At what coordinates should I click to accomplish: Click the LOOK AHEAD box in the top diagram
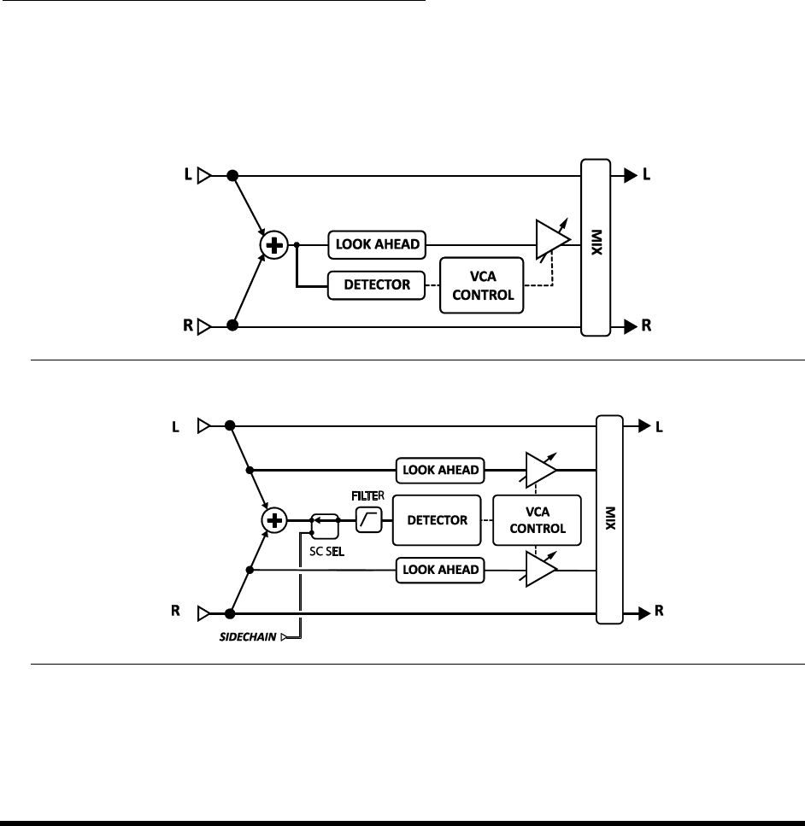pos(376,244)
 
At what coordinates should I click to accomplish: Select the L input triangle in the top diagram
pos(203,176)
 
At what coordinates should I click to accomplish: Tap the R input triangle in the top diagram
pos(203,326)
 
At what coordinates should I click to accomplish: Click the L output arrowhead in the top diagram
pos(630,176)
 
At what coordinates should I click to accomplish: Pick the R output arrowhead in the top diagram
pos(630,326)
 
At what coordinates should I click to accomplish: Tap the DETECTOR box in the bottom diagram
pos(437,519)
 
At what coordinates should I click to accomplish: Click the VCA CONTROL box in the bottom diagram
pos(537,519)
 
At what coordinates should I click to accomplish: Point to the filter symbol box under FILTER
pos(368,519)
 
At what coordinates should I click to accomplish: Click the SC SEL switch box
pos(323,519)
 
